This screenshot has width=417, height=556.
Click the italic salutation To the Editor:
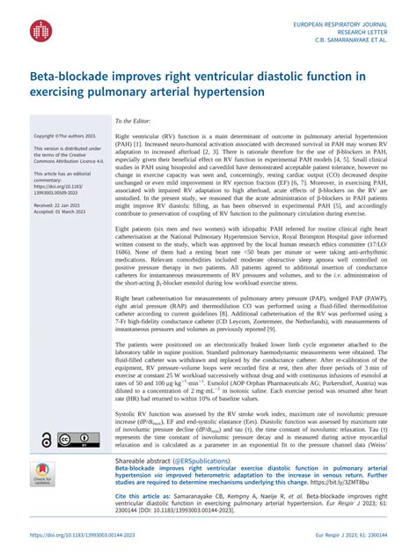point(133,121)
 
